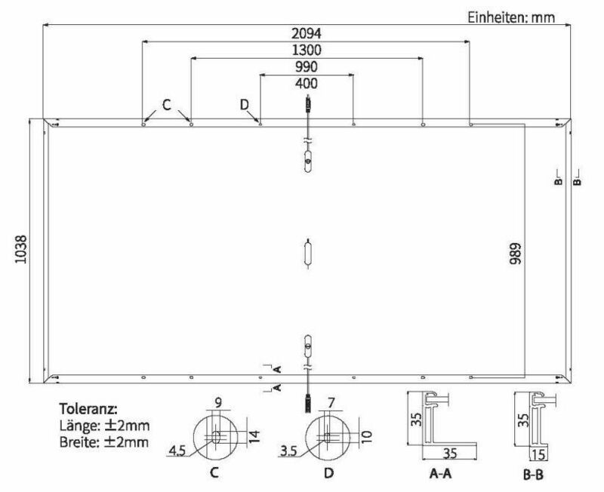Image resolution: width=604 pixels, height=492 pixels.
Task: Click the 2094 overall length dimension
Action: [307, 34]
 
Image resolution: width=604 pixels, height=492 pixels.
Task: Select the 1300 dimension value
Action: [307, 51]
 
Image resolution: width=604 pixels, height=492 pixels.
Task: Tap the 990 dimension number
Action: [307, 68]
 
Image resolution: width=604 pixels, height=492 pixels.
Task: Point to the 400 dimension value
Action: [307, 84]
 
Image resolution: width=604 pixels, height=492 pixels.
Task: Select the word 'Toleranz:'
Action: [88, 410]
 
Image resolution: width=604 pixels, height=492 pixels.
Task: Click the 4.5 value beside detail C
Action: [178, 452]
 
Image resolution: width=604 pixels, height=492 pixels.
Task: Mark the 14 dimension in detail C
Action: [254, 436]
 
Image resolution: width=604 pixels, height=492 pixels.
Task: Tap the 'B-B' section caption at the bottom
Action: [533, 475]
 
